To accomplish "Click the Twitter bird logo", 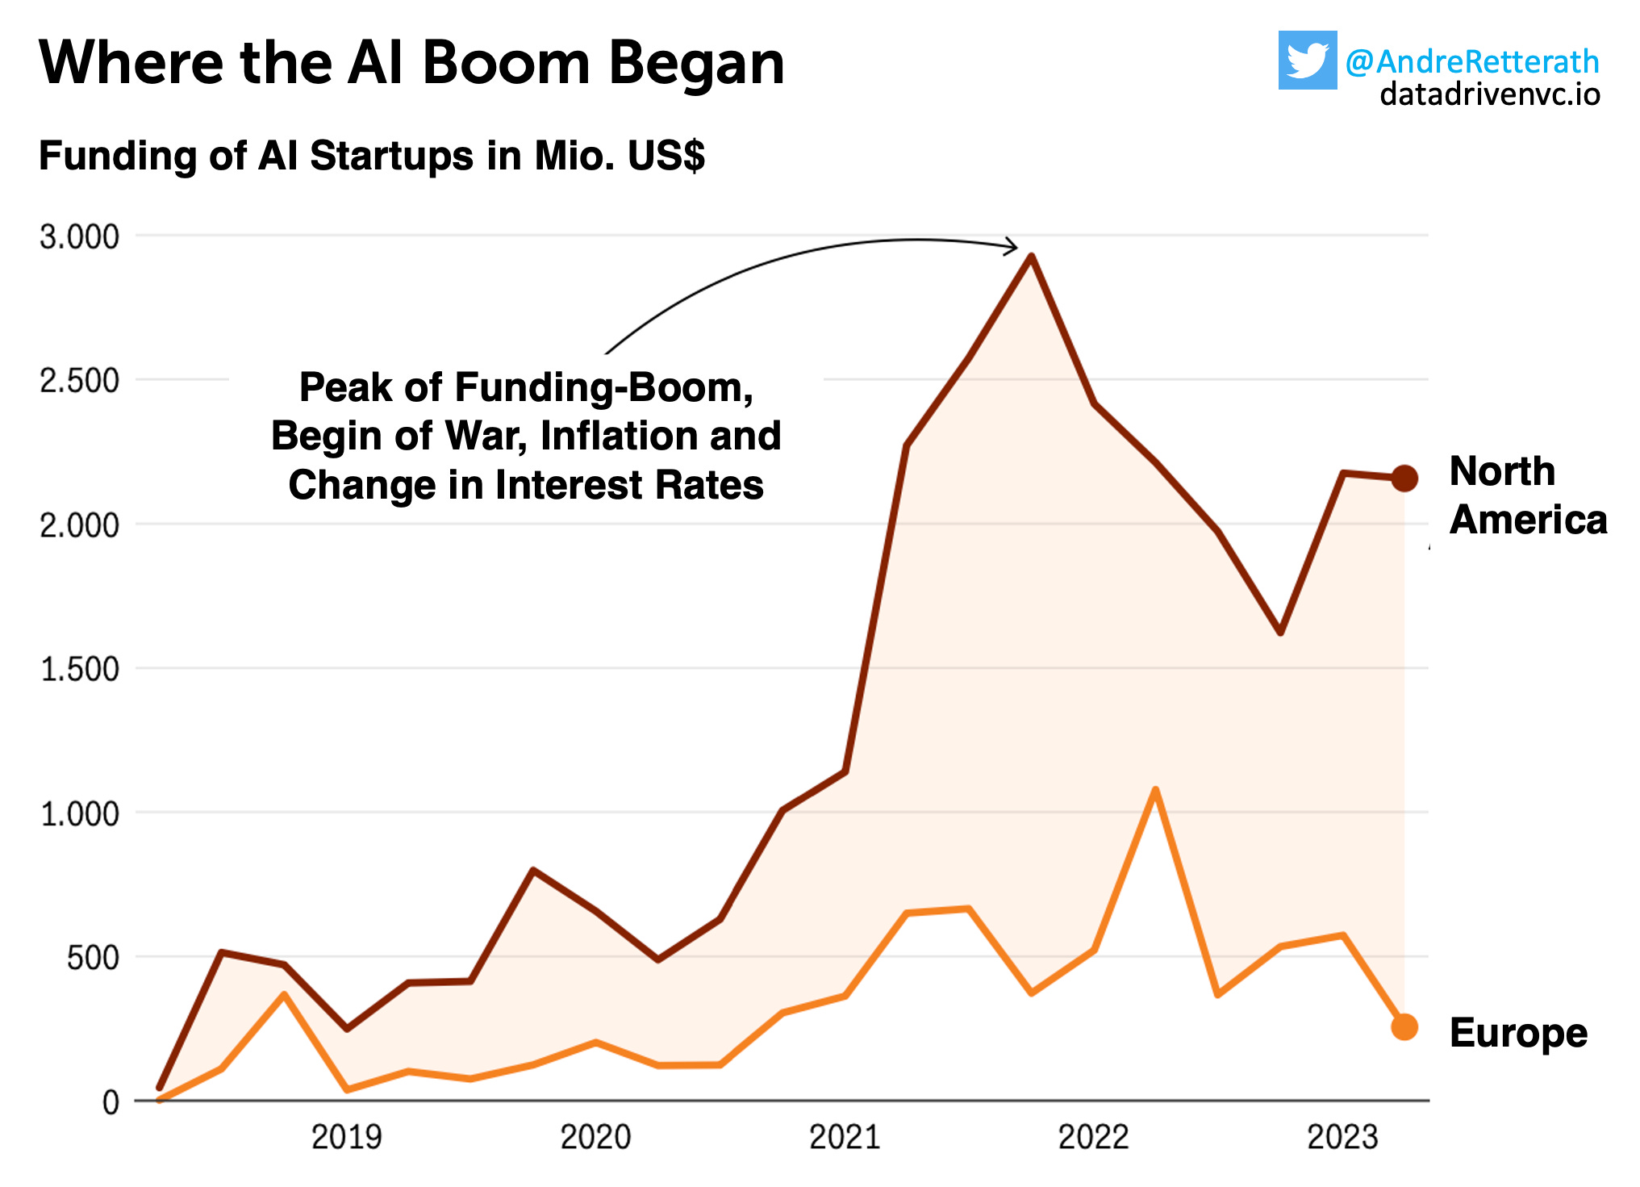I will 1307,61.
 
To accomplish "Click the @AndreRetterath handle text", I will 1471,61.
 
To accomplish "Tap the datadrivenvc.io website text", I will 1489,94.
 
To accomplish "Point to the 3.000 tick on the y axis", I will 79,236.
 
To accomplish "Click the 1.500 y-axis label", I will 79,669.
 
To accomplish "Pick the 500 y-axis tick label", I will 93,958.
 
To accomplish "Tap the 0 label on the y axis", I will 111,1102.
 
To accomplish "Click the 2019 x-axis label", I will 346,1138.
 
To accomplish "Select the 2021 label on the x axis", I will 844,1138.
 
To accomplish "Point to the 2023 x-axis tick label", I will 1342,1138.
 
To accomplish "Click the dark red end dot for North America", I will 1404,478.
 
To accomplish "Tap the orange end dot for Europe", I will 1404,1027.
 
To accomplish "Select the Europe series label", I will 1517,1033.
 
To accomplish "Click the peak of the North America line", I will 1031,257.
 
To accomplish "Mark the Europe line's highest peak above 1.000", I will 1155,790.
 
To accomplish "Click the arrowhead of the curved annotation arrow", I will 1013,247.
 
